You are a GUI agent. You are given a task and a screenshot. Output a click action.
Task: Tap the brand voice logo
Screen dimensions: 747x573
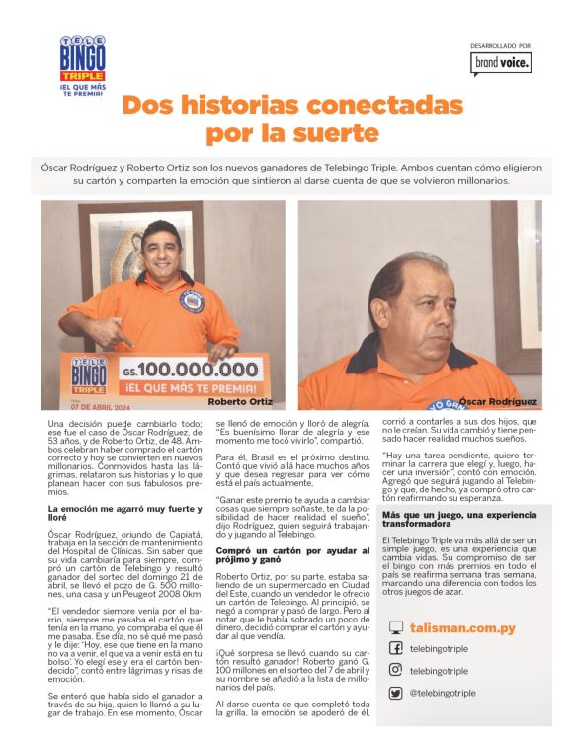pos(501,63)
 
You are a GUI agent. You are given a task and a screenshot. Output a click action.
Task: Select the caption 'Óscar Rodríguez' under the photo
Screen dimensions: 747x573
pos(498,401)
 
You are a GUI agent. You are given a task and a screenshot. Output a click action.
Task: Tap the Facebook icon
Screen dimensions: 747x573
pos(395,648)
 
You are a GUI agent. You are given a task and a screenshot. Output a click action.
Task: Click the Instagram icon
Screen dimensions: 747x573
pos(395,670)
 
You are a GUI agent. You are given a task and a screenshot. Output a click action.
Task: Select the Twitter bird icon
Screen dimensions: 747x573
pos(395,693)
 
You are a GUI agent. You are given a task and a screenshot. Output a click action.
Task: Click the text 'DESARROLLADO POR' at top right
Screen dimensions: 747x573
pos(501,45)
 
